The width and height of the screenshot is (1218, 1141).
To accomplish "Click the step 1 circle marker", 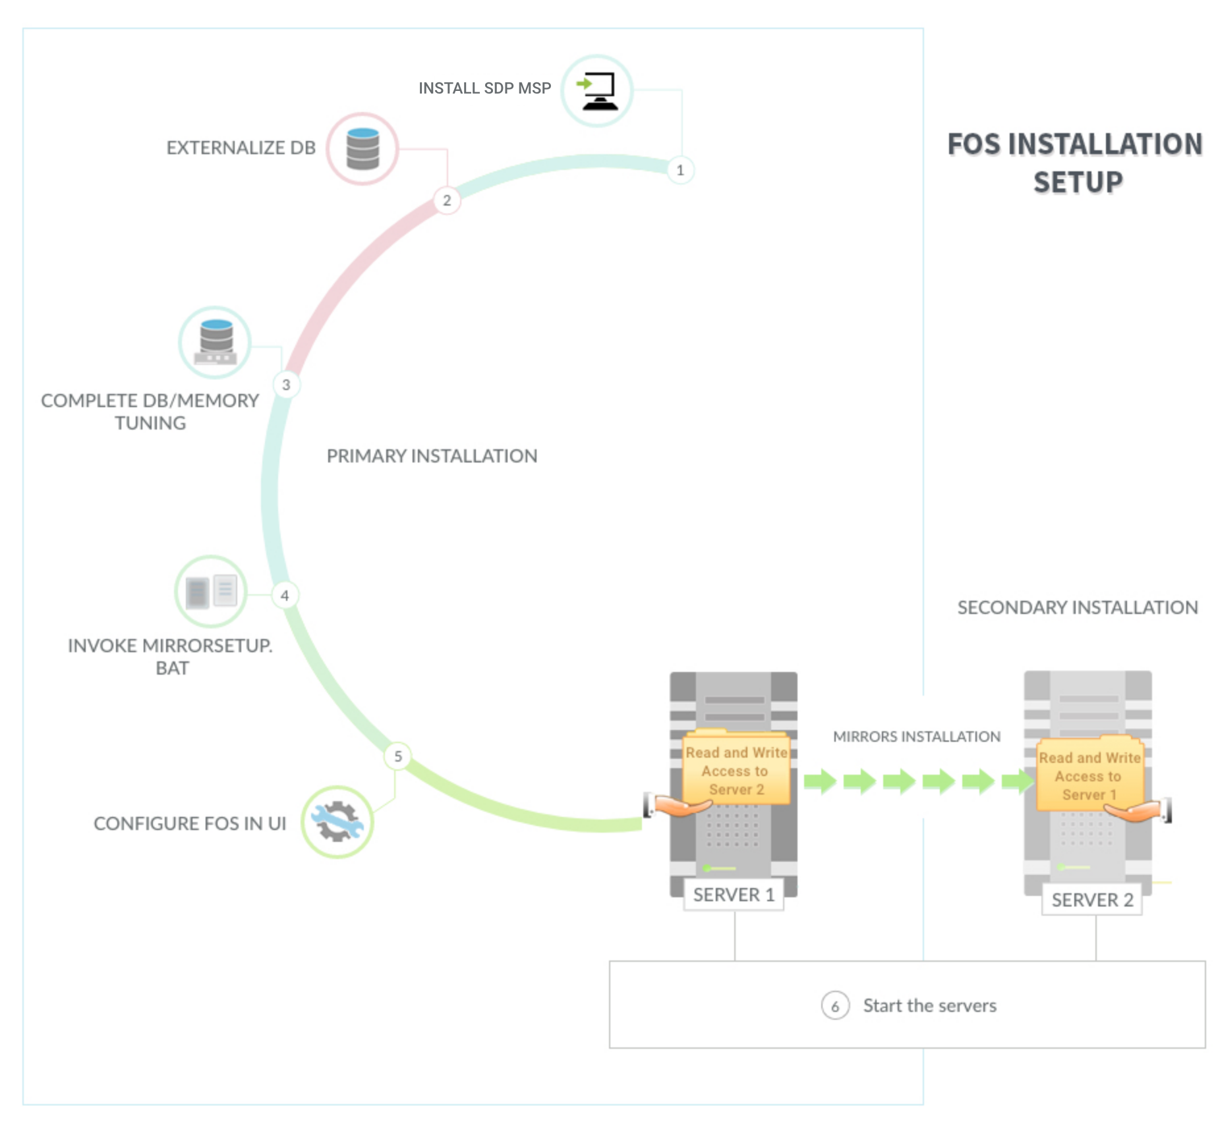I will point(680,170).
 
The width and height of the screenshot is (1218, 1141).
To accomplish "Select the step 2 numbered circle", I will point(447,200).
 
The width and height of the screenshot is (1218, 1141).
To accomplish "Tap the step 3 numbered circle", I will point(286,385).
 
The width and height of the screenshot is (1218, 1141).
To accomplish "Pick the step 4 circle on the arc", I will point(285,596).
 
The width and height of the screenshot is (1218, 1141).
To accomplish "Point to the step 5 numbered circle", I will point(397,756).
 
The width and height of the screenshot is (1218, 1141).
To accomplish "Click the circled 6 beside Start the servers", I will point(835,1006).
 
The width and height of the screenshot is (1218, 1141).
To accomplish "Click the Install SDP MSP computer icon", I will point(597,91).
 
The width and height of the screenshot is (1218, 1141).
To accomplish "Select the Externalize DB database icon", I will point(362,149).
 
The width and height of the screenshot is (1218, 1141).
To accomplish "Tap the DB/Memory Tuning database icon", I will point(215,343).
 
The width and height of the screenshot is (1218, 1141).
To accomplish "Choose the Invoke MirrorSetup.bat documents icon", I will point(211,592).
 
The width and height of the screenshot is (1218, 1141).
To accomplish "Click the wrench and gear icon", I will point(337,822).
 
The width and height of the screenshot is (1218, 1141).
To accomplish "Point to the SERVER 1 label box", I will point(734,895).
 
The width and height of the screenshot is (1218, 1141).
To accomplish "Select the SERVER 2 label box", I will point(1092,900).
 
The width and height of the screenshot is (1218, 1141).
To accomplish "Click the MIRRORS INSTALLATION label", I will point(917,737).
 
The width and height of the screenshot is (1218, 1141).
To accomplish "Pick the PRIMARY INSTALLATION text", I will point(432,456).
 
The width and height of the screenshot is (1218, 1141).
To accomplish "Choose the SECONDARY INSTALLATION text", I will point(1078,607).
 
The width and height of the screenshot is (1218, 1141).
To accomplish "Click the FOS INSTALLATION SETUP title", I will point(1076,163).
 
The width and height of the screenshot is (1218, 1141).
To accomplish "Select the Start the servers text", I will point(930,1006).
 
